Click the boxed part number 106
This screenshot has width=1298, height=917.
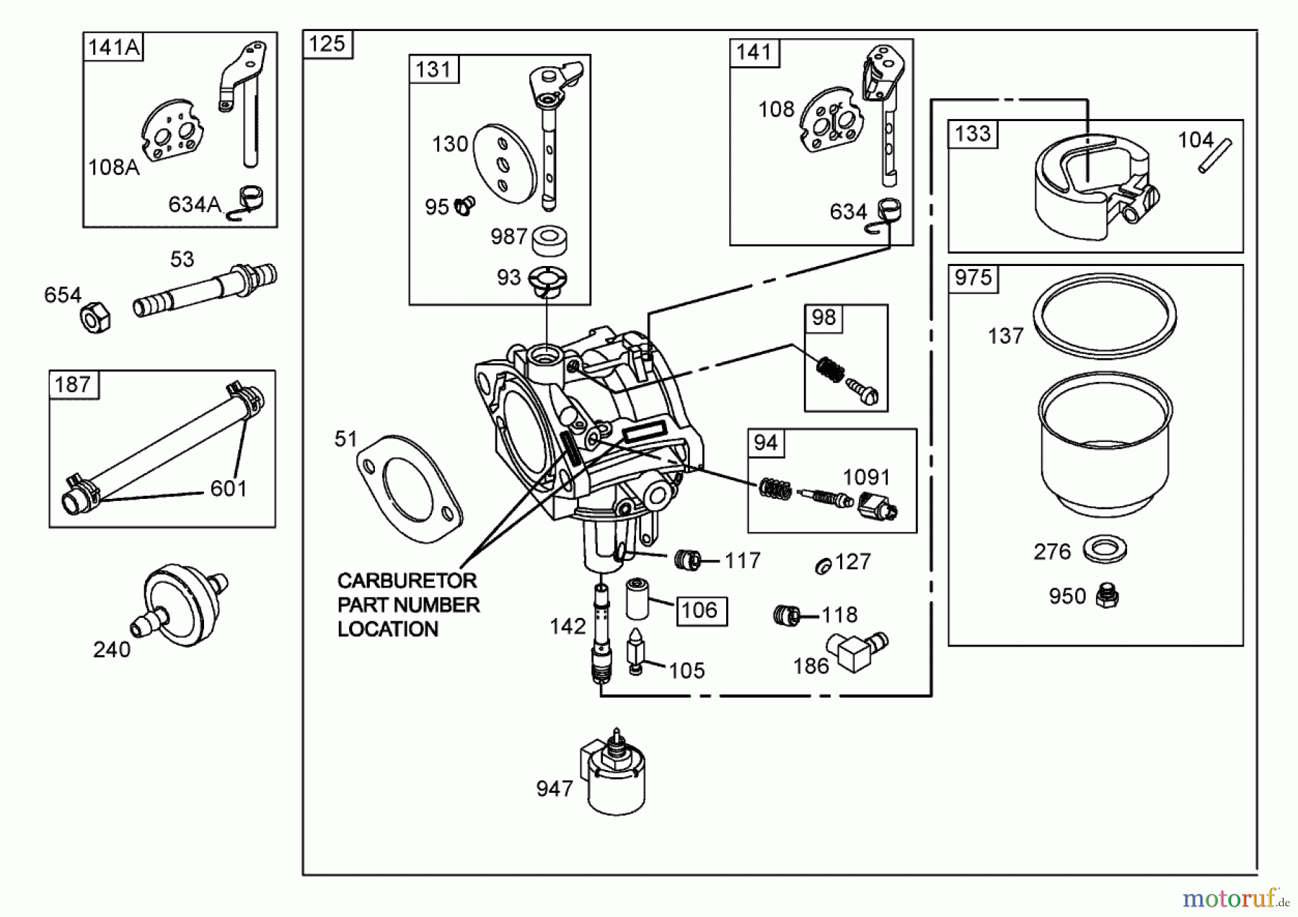coord(699,611)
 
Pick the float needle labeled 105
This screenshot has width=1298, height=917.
coord(635,651)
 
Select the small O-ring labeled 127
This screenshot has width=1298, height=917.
coord(823,567)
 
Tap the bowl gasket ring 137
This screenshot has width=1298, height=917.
coord(1104,315)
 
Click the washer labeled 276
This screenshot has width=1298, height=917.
coord(1104,550)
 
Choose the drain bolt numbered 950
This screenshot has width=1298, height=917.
coord(1105,595)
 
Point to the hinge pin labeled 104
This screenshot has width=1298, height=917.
coord(1216,156)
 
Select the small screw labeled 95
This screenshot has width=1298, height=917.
coord(464,207)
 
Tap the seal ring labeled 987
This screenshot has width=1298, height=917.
coord(549,241)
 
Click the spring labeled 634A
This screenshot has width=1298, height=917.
coord(250,201)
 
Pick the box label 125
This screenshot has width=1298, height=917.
coord(327,44)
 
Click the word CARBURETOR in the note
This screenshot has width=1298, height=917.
coord(407,581)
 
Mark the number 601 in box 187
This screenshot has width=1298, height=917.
coord(229,489)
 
